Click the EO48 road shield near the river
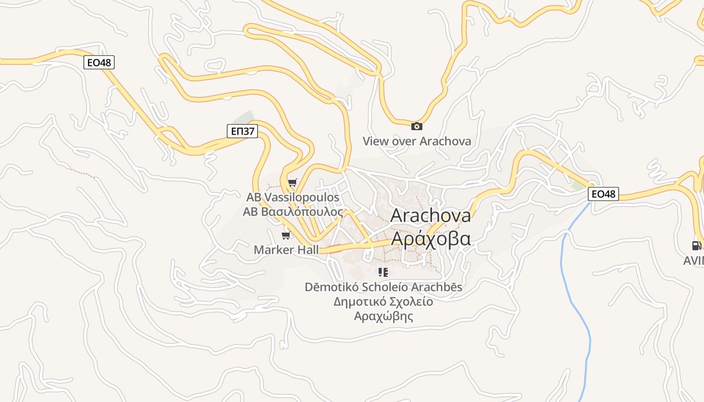pos(603,194)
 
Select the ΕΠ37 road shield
pos(242,132)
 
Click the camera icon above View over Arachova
pos(417,127)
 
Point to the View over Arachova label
pos(417,141)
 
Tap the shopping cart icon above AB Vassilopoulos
pos(292,182)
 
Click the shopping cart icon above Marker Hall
pos(286,235)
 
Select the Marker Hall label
pos(286,250)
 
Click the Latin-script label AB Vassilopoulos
pos(293,197)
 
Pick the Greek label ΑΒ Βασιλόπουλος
pos(293,212)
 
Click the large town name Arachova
pos(430,216)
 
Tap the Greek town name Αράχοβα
pos(430,239)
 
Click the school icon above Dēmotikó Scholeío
pos(383,272)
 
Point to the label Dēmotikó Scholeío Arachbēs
pos(383,287)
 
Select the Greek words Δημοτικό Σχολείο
pos(383,301)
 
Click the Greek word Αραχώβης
pos(383,316)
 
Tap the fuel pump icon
pos(696,246)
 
